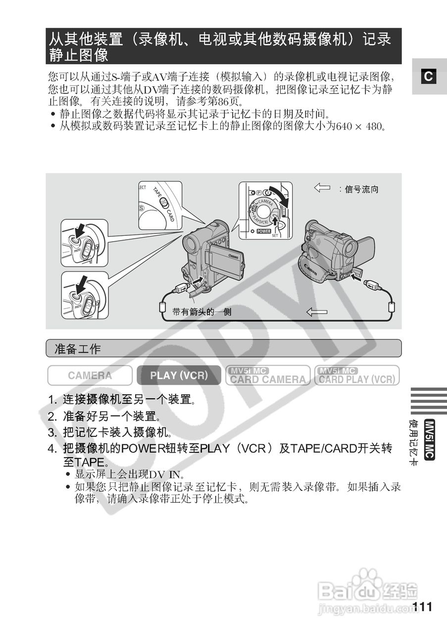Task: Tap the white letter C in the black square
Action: (x=428, y=76)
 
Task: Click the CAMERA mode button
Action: (x=90, y=375)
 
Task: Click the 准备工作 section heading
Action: (x=77, y=349)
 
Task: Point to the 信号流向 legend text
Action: (x=362, y=189)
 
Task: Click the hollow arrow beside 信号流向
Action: (x=322, y=188)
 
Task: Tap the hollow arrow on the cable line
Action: (x=317, y=312)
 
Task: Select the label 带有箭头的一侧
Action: (x=202, y=312)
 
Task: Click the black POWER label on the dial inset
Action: (x=263, y=231)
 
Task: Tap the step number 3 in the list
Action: (x=51, y=432)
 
